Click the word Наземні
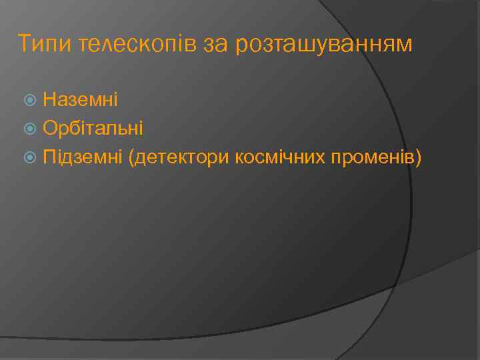coord(81,100)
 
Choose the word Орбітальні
coord(93,128)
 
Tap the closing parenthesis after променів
coord(419,157)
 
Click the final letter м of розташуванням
coord(405,46)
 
